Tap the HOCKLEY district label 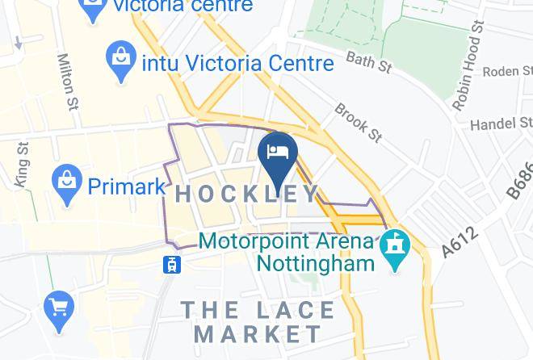[247, 194]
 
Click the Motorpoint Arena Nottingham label [287, 251]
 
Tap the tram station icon [171, 263]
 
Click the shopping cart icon [58, 308]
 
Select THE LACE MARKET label [258, 321]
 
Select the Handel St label [502, 123]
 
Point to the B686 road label [520, 180]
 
